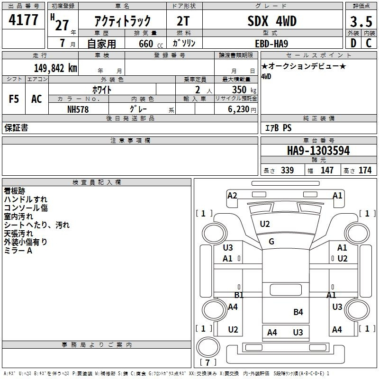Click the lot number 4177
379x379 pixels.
23,20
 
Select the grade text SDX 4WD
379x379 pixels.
272,21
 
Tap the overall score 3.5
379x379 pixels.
361,21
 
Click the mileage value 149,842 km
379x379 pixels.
55,68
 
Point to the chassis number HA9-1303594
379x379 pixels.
318,151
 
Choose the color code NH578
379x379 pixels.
78,109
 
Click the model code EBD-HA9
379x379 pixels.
271,44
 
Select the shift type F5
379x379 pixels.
14,99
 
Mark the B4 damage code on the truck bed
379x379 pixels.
298,312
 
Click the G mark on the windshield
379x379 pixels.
271,242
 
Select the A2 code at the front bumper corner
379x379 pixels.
232,196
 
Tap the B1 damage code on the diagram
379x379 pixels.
239,295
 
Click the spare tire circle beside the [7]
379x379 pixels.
208,347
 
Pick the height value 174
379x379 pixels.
365,170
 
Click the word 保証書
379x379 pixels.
16,127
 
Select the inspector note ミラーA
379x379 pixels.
18,251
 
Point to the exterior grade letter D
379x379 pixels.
353,43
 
